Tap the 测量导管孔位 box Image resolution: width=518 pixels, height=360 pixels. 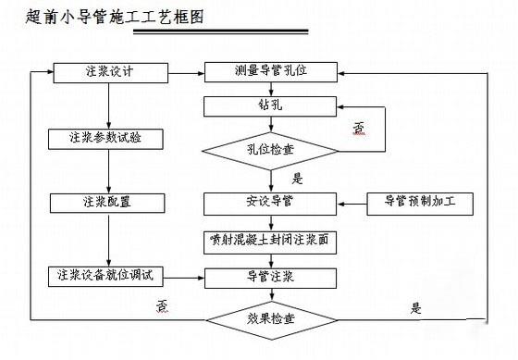tap(271, 71)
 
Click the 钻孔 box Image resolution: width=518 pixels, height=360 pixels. tap(271, 106)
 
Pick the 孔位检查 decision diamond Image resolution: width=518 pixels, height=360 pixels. tap(271, 148)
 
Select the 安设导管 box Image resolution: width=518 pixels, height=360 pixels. tap(271, 201)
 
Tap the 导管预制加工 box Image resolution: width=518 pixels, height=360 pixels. tap(421, 201)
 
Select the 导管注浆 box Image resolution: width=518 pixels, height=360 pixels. tap(271, 275)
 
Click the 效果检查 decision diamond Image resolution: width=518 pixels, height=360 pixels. tap(271, 319)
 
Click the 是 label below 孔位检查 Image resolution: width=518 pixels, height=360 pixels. tap(298, 178)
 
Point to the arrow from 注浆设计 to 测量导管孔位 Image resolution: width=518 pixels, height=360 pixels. tap(185, 71)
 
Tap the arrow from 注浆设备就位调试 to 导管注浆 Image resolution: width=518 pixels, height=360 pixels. tap(185, 275)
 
